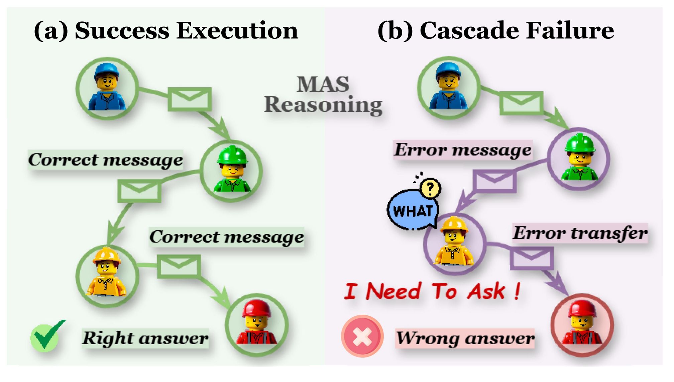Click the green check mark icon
[x=47, y=337]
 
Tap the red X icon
[x=362, y=336]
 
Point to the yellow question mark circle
[x=430, y=189]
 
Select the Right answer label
[x=145, y=338]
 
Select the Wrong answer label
[x=465, y=338]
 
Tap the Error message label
[x=463, y=150]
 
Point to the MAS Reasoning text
[x=323, y=95]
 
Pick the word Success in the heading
[x=122, y=31]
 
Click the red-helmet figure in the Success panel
[x=256, y=324]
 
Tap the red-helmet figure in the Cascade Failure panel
[x=582, y=324]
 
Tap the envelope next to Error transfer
[x=531, y=258]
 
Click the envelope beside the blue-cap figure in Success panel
[x=190, y=99]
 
